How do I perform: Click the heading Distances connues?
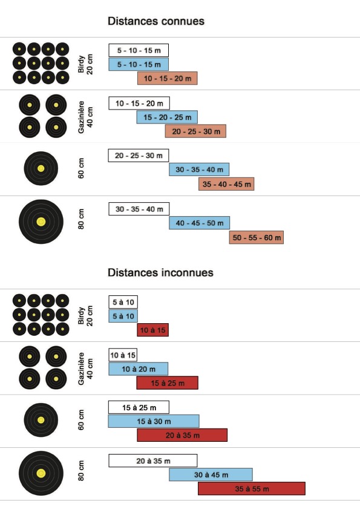[x=156, y=21]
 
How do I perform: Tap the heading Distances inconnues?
[x=160, y=272]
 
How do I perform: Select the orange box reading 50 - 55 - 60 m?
[x=257, y=237]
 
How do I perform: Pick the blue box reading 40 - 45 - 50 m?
[x=199, y=223]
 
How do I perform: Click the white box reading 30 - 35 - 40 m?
[x=139, y=209]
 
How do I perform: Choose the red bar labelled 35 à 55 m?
[x=252, y=488]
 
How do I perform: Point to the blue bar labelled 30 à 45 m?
[x=211, y=475]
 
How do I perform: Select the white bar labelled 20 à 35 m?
[x=153, y=461]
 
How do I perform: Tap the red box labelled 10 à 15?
[x=152, y=330]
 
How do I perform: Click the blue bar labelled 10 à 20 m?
[x=139, y=369]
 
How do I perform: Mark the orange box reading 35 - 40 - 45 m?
[x=226, y=184]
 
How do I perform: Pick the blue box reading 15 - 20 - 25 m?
[x=167, y=117]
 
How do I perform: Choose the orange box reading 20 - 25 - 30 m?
[x=195, y=131]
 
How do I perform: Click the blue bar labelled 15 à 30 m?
[x=154, y=421]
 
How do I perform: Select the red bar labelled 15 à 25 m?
[x=167, y=383]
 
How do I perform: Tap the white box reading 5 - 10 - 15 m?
[x=139, y=50]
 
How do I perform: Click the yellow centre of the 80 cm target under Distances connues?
[x=41, y=222]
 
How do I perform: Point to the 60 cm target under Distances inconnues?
[x=41, y=420]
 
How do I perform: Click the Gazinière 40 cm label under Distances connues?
[x=85, y=117]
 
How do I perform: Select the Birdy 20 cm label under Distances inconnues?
[x=85, y=315]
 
